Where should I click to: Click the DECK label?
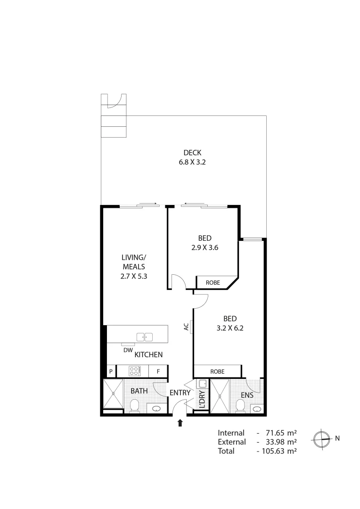click(x=192, y=152)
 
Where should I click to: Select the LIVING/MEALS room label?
click(x=134, y=262)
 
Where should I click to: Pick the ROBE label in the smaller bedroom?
click(x=213, y=283)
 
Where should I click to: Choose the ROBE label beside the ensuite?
click(x=217, y=371)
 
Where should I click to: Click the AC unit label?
click(x=187, y=326)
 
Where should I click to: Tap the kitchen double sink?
click(x=145, y=337)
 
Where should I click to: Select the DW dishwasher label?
click(x=127, y=350)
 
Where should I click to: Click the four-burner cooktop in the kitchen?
click(x=133, y=371)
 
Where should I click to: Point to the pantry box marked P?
click(x=111, y=371)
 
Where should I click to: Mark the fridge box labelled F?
click(x=158, y=371)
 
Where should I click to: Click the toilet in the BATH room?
click(x=134, y=405)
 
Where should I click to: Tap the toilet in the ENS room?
click(x=240, y=405)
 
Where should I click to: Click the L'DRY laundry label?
click(x=202, y=399)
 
